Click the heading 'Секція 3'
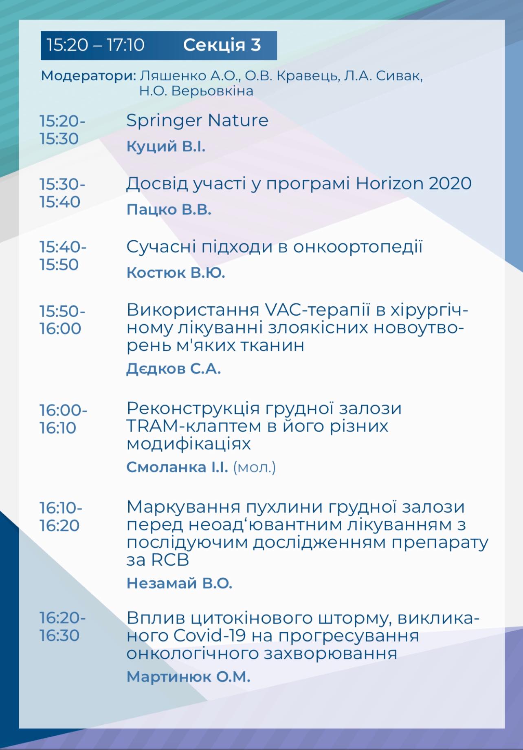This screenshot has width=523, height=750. (222, 45)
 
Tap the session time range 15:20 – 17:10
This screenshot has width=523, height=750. (95, 45)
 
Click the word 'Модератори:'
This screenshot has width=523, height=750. (88, 76)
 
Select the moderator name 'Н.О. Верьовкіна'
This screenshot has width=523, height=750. (196, 91)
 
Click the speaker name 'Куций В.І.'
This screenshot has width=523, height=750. (166, 146)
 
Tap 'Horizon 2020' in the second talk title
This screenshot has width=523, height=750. (413, 184)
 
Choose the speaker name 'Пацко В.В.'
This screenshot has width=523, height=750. (169, 210)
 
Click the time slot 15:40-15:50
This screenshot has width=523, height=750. (63, 256)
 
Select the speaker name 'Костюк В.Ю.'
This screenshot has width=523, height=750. (176, 272)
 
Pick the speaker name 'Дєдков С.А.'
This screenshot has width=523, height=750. (174, 369)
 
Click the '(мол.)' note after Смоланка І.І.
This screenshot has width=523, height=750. (254, 467)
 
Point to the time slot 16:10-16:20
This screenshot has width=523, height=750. (61, 517)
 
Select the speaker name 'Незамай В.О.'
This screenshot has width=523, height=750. (179, 583)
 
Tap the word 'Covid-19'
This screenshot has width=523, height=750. (209, 635)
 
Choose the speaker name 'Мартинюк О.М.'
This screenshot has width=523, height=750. (188, 677)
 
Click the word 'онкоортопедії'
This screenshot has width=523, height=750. (358, 247)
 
